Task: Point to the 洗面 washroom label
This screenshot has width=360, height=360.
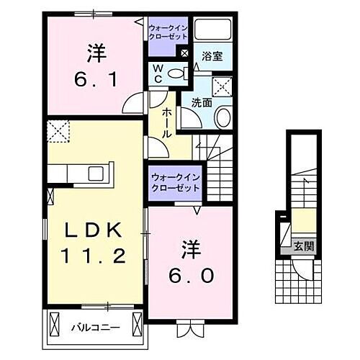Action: (202, 102)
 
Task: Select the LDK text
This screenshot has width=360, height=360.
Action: (95, 230)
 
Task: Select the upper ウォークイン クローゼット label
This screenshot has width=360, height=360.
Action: (166, 32)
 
